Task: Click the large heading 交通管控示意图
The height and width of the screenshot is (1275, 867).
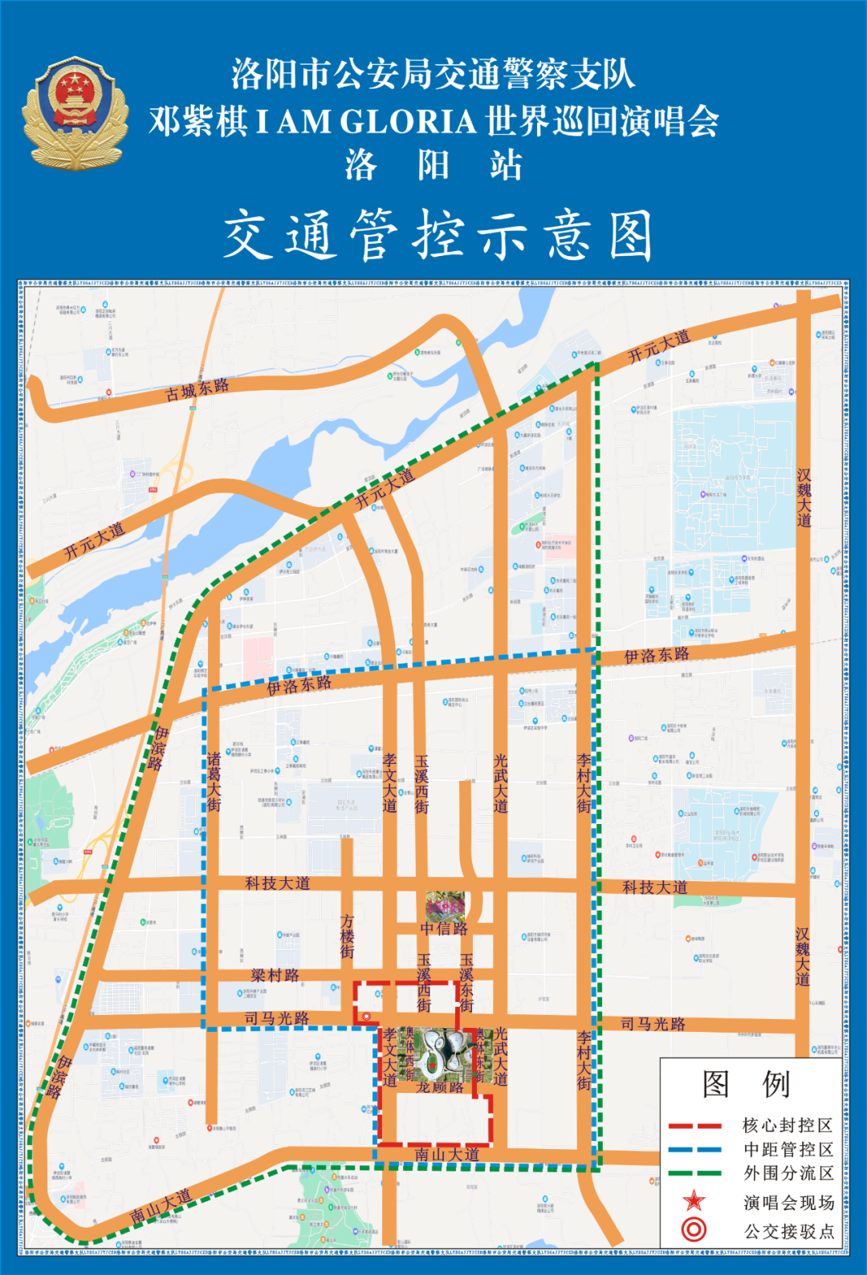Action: pyautogui.click(x=438, y=236)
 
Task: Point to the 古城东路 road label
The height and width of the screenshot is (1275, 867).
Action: pyautogui.click(x=197, y=389)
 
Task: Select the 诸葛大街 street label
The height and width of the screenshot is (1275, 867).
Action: pyautogui.click(x=214, y=782)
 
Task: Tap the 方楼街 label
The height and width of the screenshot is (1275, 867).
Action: pyautogui.click(x=347, y=936)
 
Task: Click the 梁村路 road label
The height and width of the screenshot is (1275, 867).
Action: pyautogui.click(x=275, y=975)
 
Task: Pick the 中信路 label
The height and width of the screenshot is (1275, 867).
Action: pyautogui.click(x=444, y=928)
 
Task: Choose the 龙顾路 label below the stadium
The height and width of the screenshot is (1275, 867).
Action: pyautogui.click(x=440, y=1087)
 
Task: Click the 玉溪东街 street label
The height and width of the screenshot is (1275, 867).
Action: pyautogui.click(x=466, y=982)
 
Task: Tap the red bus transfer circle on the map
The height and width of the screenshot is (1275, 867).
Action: pyautogui.click(x=366, y=1017)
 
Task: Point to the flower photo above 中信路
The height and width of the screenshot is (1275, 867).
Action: pyautogui.click(x=445, y=906)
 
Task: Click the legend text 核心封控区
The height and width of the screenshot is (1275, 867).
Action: pyautogui.click(x=788, y=1126)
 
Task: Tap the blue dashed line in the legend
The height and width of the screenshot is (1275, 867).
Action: pyautogui.click(x=695, y=1150)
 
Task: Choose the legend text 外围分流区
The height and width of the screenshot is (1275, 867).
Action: pyautogui.click(x=788, y=1173)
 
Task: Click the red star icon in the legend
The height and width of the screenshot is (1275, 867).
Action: pyautogui.click(x=694, y=1201)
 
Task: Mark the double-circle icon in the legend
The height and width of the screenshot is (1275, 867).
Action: pyautogui.click(x=694, y=1229)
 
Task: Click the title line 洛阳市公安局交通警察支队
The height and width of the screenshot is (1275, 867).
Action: pyautogui.click(x=433, y=75)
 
